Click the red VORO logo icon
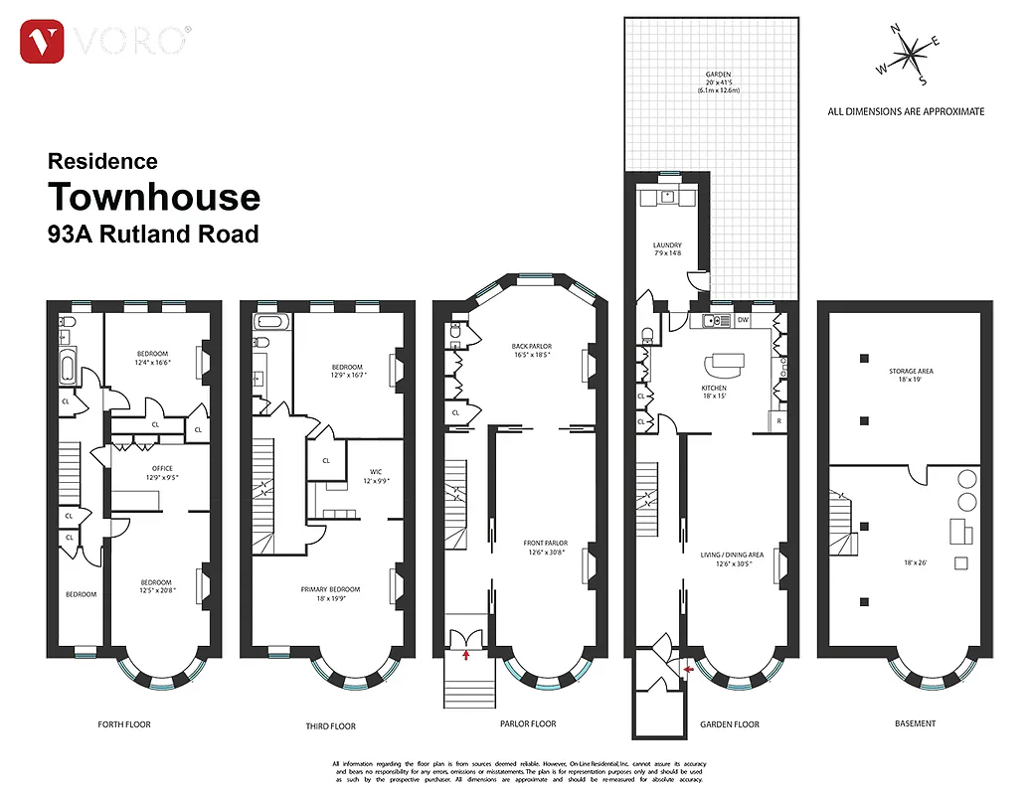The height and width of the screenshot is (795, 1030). point(42,42)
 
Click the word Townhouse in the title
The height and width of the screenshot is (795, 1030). point(154,198)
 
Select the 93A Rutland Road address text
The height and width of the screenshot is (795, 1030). point(153,235)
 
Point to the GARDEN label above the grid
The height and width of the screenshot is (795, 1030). point(711,76)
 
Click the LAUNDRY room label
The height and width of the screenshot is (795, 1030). point(667,245)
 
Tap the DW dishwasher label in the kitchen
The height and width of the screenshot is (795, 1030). point(744,320)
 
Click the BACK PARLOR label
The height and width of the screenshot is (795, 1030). point(531,346)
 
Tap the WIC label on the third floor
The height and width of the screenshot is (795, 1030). point(375,473)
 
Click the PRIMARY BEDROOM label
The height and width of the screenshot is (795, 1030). point(330,589)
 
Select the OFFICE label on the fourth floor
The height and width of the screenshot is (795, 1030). point(162,468)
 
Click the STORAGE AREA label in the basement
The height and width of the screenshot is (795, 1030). point(911,372)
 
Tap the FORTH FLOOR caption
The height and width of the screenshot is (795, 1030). point(124,724)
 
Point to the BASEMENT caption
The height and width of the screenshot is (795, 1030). point(915,723)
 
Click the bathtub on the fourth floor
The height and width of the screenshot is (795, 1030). point(67,367)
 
